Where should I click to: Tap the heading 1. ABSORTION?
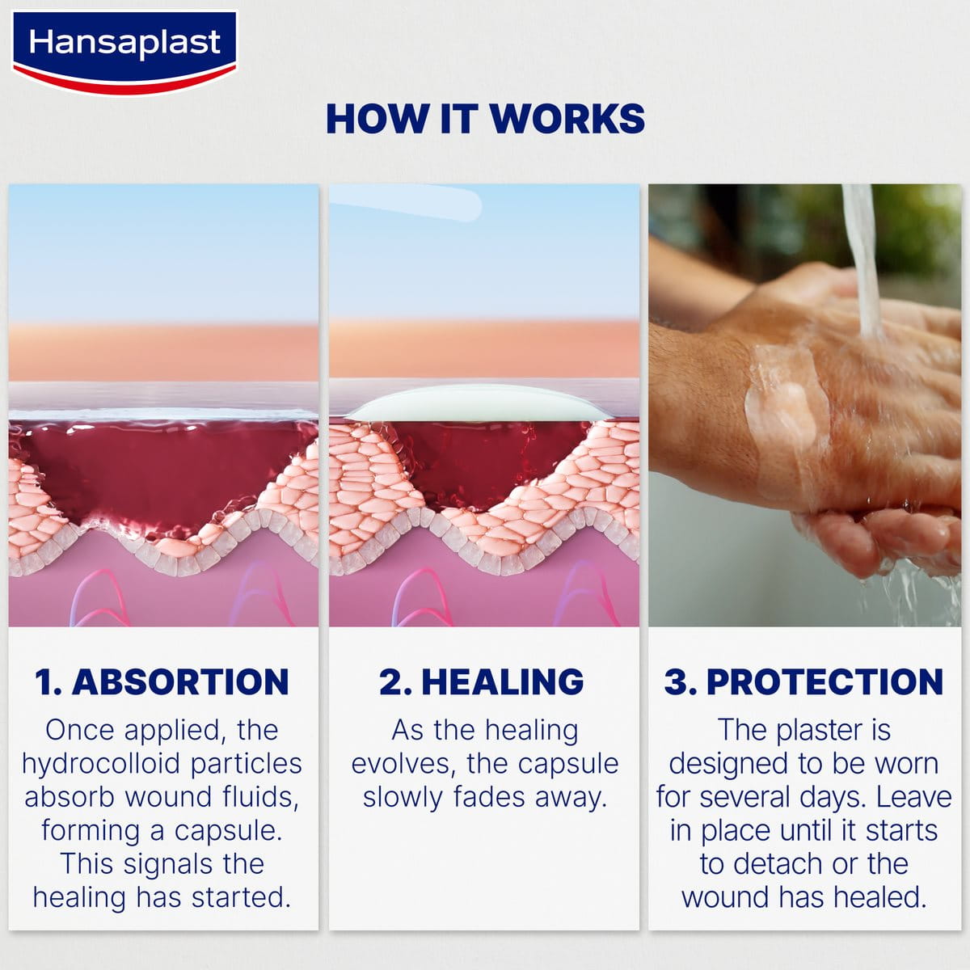[x=162, y=681]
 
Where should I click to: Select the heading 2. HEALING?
[x=483, y=681]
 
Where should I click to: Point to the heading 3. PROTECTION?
[x=803, y=681]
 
